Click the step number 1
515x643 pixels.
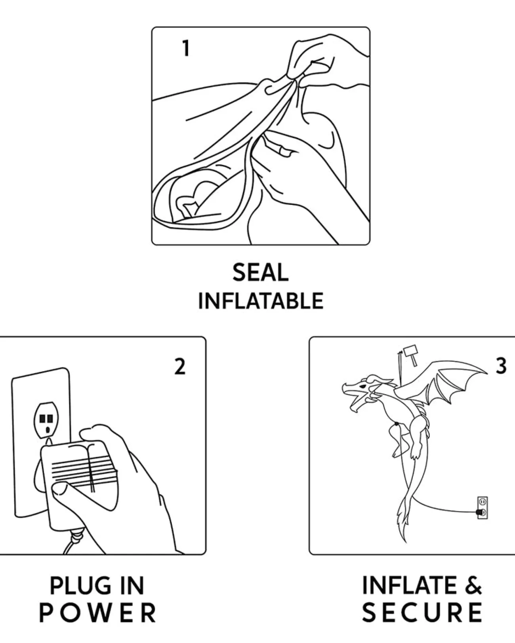[186, 48]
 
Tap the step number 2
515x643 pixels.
[180, 366]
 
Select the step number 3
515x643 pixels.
[501, 366]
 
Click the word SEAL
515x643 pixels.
[260, 272]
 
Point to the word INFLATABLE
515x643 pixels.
[261, 301]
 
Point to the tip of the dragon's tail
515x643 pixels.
[405, 542]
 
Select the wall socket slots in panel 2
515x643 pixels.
[46, 419]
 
